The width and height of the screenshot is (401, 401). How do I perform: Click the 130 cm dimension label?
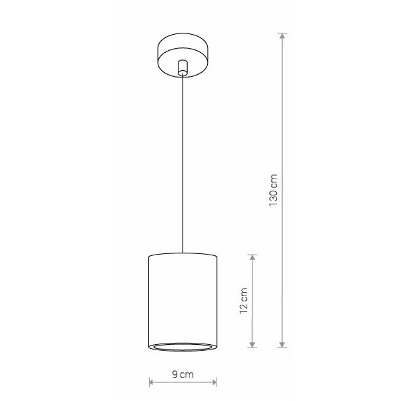coord(273,190)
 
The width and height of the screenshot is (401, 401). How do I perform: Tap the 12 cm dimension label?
coord(244,301)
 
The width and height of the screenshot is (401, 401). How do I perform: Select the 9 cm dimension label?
coord(183,374)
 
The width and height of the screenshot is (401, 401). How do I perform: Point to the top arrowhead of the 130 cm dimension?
coord(282,36)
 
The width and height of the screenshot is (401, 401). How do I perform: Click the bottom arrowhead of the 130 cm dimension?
coord(282,344)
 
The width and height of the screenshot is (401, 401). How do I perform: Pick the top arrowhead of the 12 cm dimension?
coord(253,258)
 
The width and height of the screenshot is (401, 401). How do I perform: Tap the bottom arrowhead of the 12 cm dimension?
coord(253,344)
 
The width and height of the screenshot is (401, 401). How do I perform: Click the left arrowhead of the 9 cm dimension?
coord(152,382)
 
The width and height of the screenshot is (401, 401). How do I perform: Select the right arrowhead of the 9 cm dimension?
coord(214,382)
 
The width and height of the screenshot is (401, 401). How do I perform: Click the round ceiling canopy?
coord(182,55)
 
